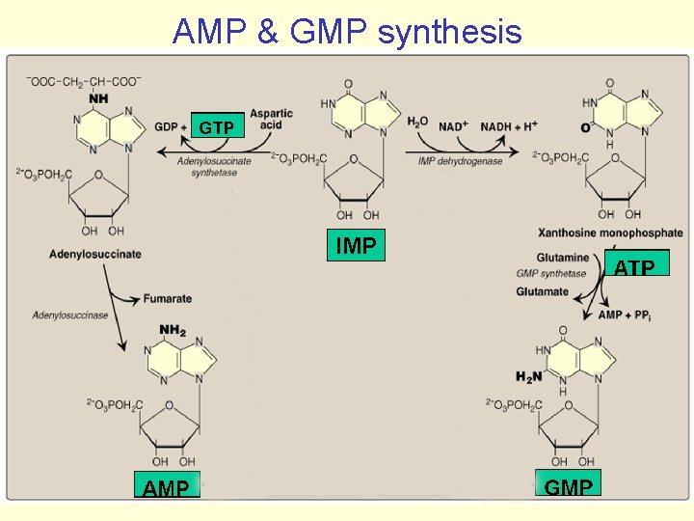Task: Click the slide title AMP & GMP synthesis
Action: pos(347,31)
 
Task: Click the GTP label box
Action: pos(216,127)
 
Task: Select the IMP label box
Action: pos(356,246)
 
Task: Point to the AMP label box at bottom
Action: pos(166,486)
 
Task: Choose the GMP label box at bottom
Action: pos(569,485)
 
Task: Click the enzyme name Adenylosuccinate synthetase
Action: pos(213,166)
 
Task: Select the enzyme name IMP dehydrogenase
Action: pos(460,161)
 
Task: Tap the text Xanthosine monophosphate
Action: pos(612,233)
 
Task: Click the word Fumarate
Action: pos(168,299)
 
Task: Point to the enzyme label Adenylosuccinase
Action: pos(69,315)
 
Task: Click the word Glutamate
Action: pos(542,291)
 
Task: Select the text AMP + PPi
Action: pos(623,315)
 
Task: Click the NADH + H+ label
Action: pos(509,126)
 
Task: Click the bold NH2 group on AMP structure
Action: pos(173,331)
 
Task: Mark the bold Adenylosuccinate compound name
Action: pos(95,254)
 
